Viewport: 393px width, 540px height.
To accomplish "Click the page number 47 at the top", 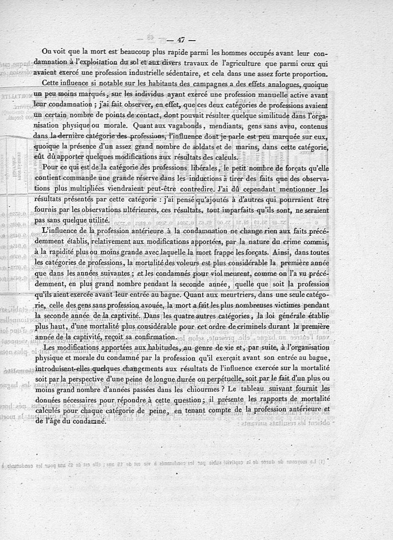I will point(182,41).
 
